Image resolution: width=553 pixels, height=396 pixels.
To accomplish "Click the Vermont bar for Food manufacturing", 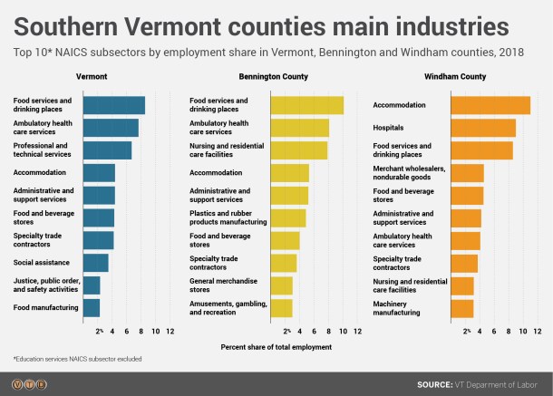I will point(92,308).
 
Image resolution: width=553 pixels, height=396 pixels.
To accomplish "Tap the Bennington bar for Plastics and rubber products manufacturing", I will point(288,217).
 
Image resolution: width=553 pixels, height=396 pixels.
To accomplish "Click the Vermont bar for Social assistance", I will point(95,263).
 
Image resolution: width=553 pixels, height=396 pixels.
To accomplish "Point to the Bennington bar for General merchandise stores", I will point(282,285).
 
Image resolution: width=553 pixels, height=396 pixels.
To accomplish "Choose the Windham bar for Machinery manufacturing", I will point(461,308).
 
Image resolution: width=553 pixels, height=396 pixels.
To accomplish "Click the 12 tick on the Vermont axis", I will point(170,332).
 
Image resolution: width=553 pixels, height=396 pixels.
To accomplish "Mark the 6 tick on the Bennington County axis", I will point(314,332).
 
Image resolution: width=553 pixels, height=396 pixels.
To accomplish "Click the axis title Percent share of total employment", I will point(276,347).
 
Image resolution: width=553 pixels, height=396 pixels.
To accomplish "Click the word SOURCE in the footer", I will point(434,385).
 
